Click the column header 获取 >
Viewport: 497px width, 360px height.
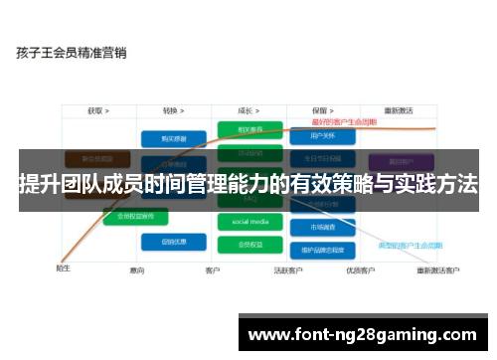(x=97, y=110)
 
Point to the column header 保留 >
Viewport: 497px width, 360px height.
(x=321, y=110)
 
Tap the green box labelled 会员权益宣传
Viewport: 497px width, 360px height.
(x=135, y=215)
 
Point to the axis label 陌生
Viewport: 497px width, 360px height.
(x=63, y=268)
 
